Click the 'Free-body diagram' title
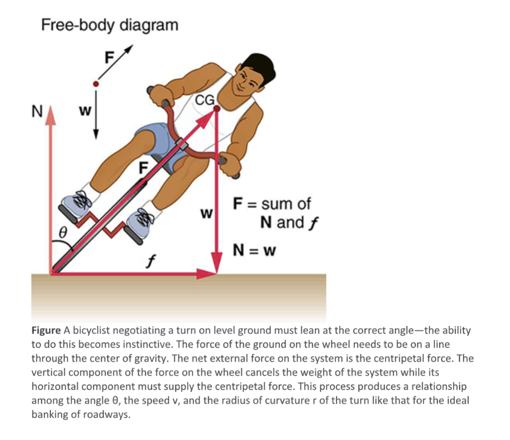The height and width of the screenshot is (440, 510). click(x=109, y=24)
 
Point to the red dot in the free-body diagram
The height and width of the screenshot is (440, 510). click(x=97, y=84)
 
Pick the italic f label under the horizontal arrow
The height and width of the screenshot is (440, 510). click(x=148, y=260)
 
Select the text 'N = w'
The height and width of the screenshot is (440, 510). click(x=255, y=250)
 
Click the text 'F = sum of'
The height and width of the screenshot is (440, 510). click(x=271, y=204)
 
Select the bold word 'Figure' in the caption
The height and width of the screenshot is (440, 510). click(x=46, y=330)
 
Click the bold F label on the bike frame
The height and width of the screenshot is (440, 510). click(x=143, y=168)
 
